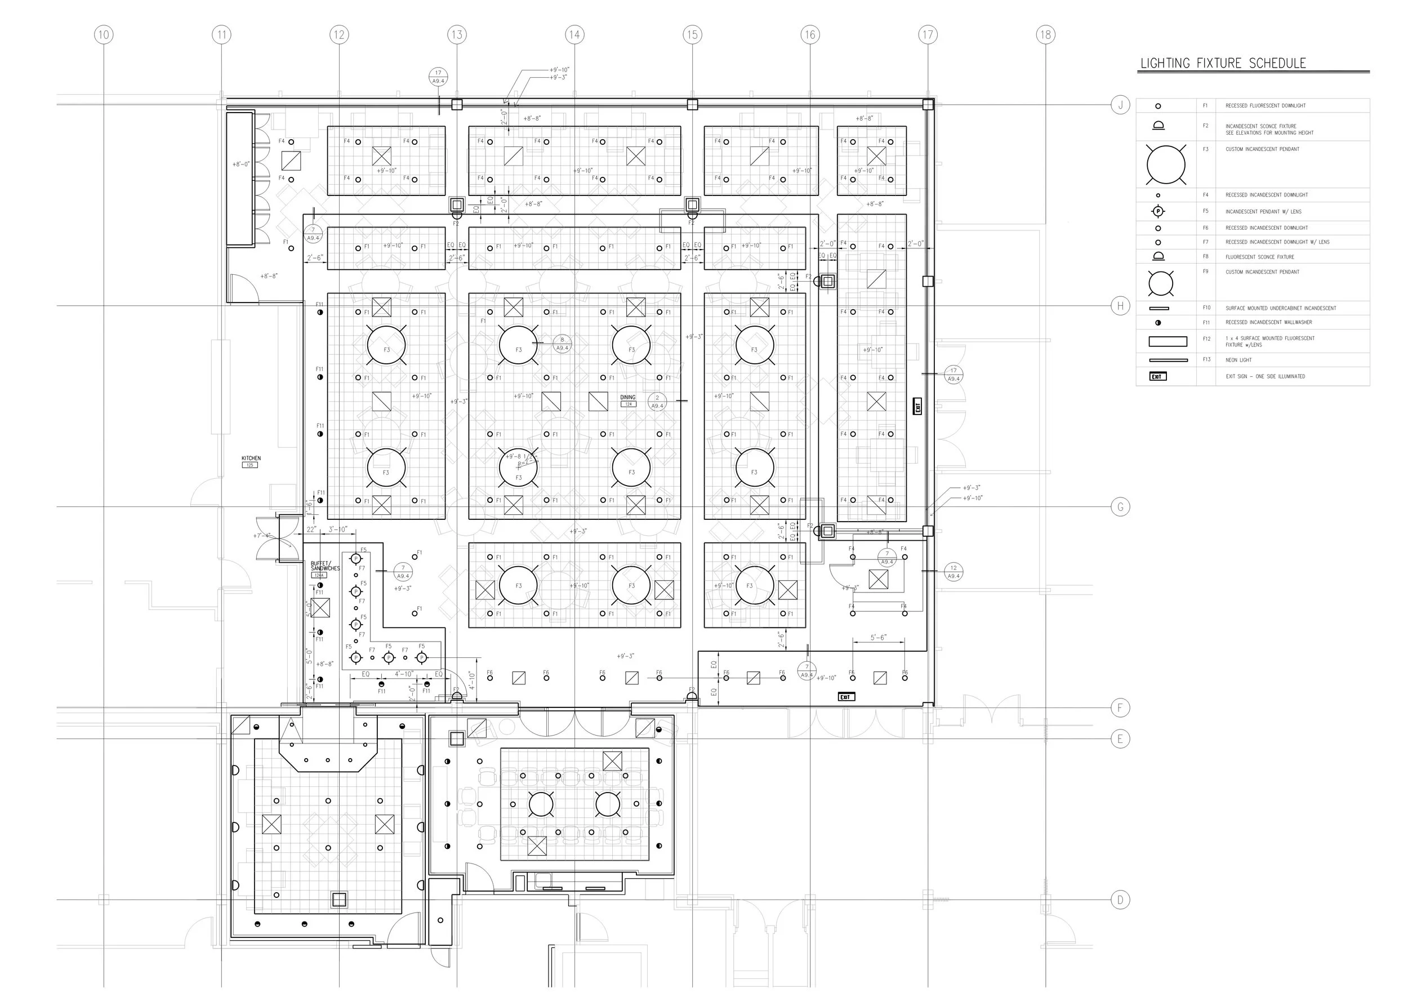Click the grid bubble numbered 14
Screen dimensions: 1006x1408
[574, 35]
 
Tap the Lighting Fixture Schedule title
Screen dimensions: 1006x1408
[1223, 63]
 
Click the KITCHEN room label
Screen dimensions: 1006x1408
[251, 459]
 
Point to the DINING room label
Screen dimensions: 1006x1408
[627, 398]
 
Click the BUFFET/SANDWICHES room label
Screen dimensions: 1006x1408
[324, 566]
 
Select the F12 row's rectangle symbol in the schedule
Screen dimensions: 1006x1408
[1168, 341]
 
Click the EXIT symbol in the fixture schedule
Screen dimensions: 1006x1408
[1158, 377]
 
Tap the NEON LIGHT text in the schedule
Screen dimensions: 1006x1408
[1238, 360]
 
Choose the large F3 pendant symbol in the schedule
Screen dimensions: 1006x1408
[1166, 165]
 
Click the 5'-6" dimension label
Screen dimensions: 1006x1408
[879, 638]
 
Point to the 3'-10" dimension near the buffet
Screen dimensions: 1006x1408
[338, 529]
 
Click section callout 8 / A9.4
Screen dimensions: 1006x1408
[562, 343]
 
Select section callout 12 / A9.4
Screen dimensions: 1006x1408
[953, 572]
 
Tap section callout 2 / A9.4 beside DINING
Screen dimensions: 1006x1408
[657, 402]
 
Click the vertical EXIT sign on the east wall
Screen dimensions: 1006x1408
[917, 406]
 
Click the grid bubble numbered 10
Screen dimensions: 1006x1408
[104, 35]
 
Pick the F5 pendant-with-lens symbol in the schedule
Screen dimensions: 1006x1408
[1158, 211]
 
